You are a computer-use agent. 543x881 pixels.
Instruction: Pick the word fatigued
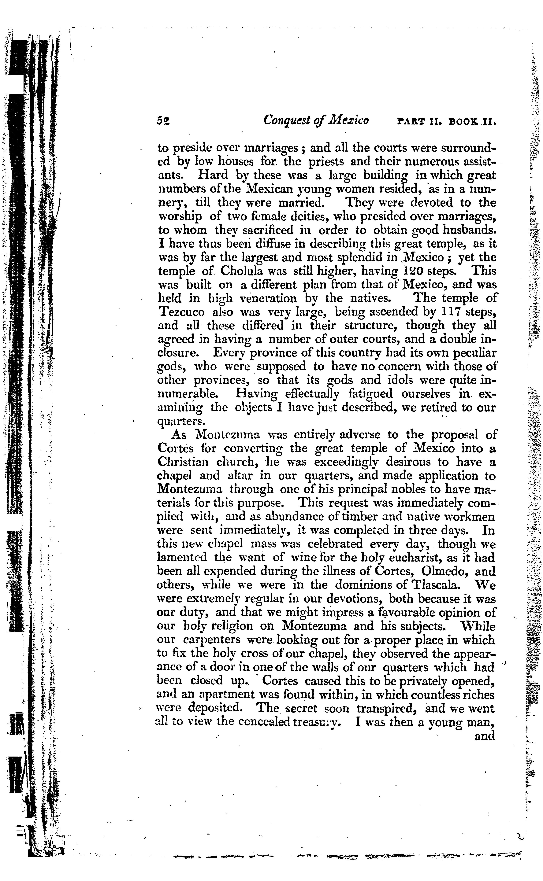(x=370, y=394)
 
